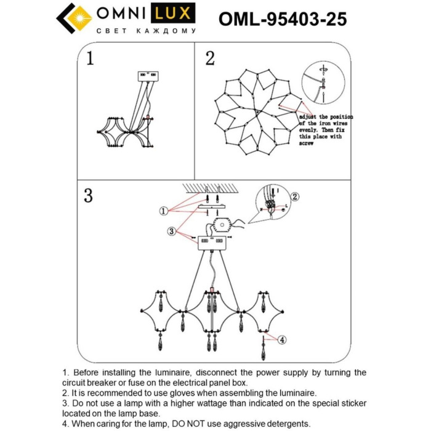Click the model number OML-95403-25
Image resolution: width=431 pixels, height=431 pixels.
283,20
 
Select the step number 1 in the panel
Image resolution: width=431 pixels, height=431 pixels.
91,58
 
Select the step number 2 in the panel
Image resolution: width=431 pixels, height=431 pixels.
210,58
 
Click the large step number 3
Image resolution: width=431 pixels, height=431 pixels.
89,196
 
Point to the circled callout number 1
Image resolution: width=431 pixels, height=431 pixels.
164,211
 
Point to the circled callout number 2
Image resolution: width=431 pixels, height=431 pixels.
294,197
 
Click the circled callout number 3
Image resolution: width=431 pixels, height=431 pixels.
171,231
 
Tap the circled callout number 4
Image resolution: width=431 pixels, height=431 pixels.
281,339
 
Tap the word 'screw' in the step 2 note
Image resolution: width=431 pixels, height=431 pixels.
307,143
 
